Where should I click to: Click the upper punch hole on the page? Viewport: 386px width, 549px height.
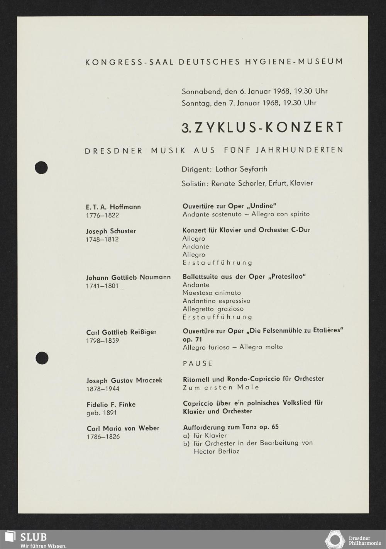pyautogui.click(x=41, y=167)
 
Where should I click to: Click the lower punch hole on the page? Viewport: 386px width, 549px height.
pyautogui.click(x=42, y=358)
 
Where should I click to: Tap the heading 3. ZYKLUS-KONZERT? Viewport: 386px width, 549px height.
pyautogui.click(x=262, y=127)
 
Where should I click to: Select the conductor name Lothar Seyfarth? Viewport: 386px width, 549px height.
pyautogui.click(x=241, y=169)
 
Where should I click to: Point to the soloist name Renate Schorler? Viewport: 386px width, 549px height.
pyautogui.click(x=238, y=183)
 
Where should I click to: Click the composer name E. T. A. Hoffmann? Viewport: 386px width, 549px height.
pyautogui.click(x=113, y=207)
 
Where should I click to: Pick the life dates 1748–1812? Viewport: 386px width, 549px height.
pyautogui.click(x=102, y=239)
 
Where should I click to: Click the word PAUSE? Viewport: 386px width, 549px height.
pyautogui.click(x=198, y=363)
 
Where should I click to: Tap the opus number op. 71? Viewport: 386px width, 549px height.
pyautogui.click(x=192, y=339)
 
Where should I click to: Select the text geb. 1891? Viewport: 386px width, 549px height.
pyautogui.click(x=102, y=413)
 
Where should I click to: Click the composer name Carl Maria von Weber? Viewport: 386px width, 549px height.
pyautogui.click(x=123, y=428)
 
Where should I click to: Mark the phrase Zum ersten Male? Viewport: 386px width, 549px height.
pyautogui.click(x=221, y=387)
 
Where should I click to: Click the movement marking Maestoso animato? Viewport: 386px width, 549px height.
pyautogui.click(x=212, y=292)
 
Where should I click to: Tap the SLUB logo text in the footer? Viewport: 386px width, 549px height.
pyautogui.click(x=33, y=537)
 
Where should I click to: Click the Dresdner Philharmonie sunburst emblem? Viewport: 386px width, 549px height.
pyautogui.click(x=335, y=540)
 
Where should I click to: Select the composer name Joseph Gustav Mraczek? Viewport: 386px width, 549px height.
pyautogui.click(x=124, y=381)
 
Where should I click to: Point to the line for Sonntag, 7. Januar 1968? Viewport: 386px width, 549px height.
pyautogui.click(x=249, y=103)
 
